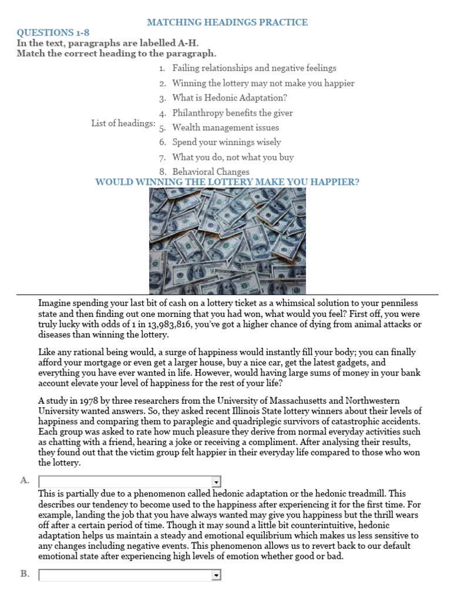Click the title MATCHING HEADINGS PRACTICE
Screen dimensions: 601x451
(227, 22)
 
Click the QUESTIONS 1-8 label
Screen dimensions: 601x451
(53, 32)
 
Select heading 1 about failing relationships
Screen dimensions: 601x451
(254, 68)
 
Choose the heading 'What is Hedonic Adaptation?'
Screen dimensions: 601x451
(230, 98)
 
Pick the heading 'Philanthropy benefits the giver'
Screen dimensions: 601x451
(232, 113)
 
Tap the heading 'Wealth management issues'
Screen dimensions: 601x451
(225, 127)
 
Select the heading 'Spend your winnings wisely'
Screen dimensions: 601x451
(226, 142)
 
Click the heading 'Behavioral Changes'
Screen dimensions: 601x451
(210, 172)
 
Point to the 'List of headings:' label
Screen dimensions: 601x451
(123, 123)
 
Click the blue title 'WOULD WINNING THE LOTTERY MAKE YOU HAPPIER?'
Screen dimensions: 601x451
(227, 182)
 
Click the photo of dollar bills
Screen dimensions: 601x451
(227, 241)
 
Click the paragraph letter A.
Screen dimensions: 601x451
(25, 480)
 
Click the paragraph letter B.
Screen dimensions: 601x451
(25, 574)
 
